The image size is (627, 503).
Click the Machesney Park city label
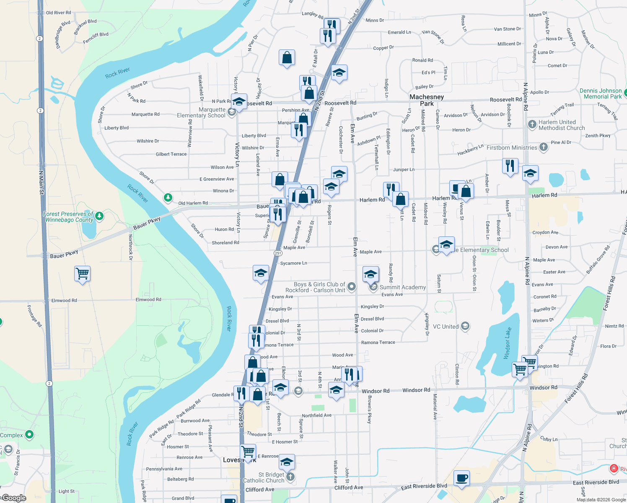click(x=427, y=100)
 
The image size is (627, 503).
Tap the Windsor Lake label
click(x=508, y=343)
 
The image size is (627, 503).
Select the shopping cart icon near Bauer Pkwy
click(x=83, y=274)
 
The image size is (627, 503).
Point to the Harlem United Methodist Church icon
click(x=532, y=124)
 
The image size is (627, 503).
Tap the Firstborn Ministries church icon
click(x=544, y=147)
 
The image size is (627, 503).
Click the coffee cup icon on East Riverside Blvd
click(x=461, y=478)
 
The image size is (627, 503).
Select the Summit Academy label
click(x=402, y=287)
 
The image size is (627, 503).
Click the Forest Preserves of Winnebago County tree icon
click(x=99, y=216)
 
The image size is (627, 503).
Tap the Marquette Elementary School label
click(x=201, y=112)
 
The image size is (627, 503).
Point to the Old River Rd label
click(x=59, y=13)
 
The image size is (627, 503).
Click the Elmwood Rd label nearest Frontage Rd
click(x=64, y=301)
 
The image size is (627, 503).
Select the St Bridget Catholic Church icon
click(x=290, y=477)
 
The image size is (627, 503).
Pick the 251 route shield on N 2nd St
click(x=278, y=253)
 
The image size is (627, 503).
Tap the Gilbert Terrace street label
click(x=171, y=154)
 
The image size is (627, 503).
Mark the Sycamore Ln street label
click(x=293, y=263)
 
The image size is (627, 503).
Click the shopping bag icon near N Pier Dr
click(x=287, y=57)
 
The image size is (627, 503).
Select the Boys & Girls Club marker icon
click(x=352, y=287)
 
